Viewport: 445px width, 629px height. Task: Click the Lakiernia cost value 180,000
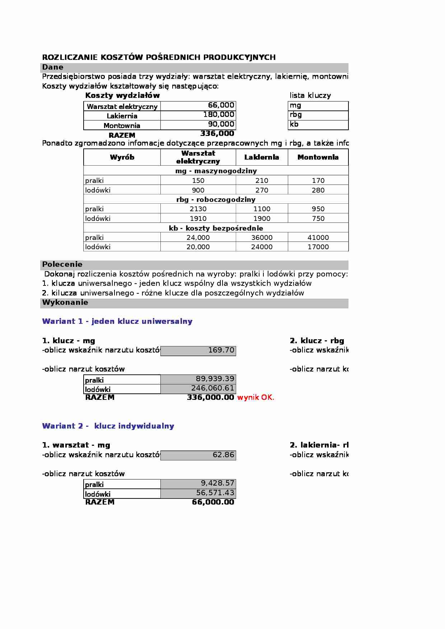tap(219, 115)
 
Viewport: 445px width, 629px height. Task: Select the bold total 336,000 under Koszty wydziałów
tap(217, 134)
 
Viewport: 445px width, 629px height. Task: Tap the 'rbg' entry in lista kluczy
tap(296, 115)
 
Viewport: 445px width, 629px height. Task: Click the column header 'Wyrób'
tap(122, 157)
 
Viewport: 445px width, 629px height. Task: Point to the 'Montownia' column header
tap(318, 157)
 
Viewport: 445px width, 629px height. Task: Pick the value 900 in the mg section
tap(198, 190)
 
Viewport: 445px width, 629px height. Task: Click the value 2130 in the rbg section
tap(198, 209)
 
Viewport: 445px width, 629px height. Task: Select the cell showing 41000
tap(318, 238)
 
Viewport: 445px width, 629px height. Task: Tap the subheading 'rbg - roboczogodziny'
tap(216, 200)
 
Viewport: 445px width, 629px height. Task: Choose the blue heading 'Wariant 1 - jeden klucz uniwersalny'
tap(117, 321)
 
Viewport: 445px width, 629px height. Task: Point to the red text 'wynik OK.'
tap(256, 398)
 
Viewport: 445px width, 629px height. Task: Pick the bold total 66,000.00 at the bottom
tap(213, 502)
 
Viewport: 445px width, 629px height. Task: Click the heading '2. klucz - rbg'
tap(317, 341)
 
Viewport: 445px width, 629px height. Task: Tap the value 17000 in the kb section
tap(318, 247)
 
